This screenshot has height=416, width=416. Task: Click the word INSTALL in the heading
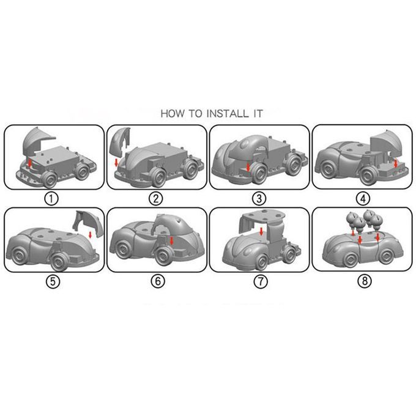[227, 114]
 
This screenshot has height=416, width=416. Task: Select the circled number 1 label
[51, 199]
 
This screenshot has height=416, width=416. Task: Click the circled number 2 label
[155, 199]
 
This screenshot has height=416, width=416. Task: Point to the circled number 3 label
[259, 199]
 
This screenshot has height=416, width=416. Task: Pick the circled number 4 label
[363, 199]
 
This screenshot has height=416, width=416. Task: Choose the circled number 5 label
[53, 281]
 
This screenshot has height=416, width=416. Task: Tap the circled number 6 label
[158, 281]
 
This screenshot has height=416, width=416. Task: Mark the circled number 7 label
[261, 281]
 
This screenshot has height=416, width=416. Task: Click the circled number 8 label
[365, 281]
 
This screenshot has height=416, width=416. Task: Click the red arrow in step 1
[30, 163]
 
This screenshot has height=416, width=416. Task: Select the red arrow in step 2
[116, 163]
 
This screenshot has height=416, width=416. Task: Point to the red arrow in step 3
[248, 167]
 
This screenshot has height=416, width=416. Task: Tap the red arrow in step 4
[396, 163]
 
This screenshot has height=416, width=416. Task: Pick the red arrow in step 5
[90, 235]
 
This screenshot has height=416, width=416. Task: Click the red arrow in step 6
[171, 241]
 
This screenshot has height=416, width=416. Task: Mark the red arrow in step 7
[261, 231]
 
